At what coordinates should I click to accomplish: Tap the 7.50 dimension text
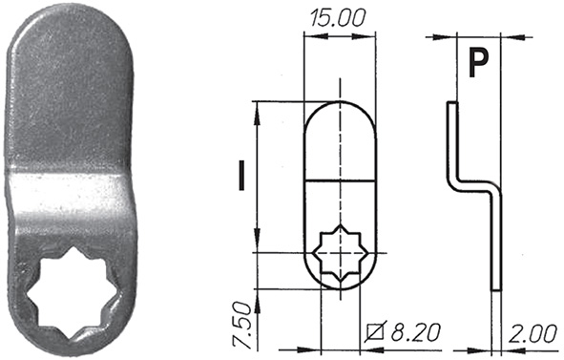241,325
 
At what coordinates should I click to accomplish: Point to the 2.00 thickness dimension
533,333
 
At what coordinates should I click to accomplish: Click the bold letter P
478,63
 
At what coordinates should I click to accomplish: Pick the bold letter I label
241,176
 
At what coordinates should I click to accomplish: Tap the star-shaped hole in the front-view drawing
340,253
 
